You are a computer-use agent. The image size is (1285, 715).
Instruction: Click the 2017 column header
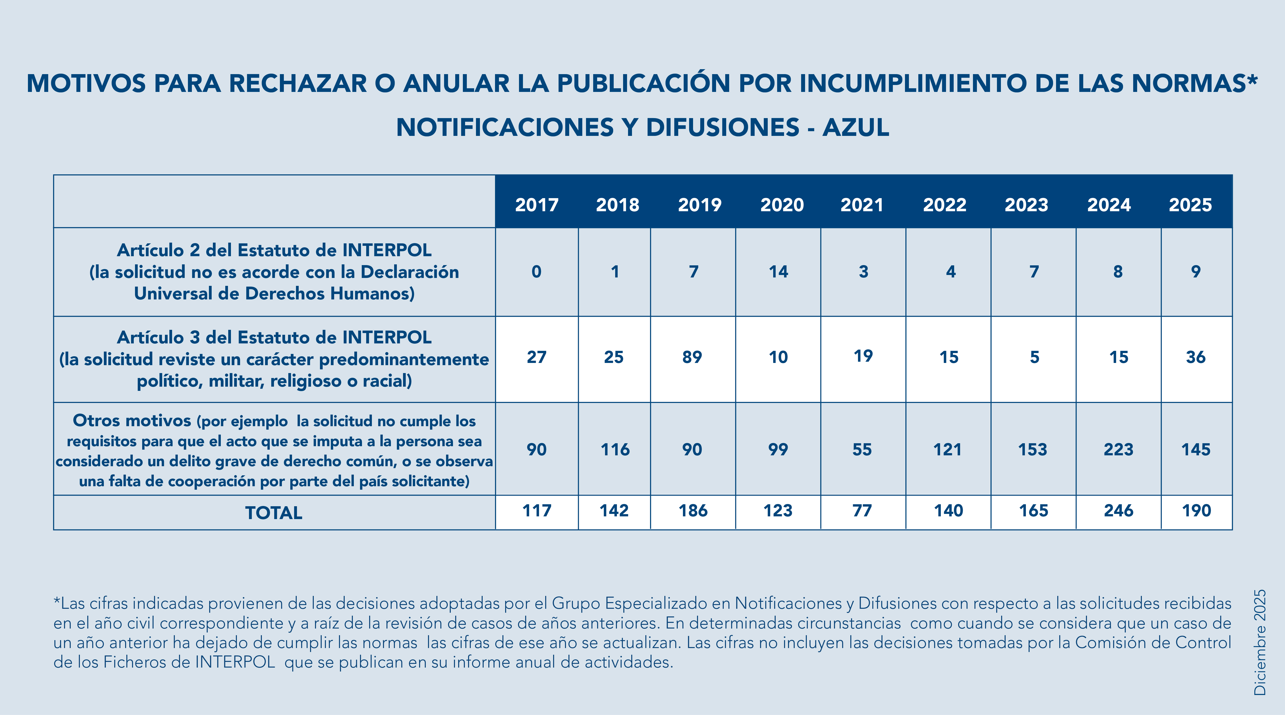[537, 205]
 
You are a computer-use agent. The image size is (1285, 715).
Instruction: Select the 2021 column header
[862, 205]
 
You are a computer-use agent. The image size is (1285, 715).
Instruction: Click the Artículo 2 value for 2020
[778, 272]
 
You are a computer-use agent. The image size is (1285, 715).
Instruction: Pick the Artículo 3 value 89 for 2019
[692, 357]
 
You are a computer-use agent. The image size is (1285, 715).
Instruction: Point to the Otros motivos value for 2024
[1118, 450]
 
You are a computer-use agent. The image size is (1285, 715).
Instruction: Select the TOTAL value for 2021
[862, 511]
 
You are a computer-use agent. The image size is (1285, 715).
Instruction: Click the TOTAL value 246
[1118, 511]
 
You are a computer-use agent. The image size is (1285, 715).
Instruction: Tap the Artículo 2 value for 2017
[536, 272]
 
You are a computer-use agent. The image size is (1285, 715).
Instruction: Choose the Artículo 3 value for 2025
[1196, 357]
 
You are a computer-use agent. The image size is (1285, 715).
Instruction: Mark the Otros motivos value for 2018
[615, 450]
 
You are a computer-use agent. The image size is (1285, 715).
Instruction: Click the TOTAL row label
[274, 513]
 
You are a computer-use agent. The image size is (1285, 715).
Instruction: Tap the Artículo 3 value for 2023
[1035, 357]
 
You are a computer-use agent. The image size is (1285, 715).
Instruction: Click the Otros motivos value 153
[1033, 450]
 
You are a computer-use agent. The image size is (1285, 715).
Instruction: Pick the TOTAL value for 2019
[693, 511]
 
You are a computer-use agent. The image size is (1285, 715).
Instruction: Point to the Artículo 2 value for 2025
[1196, 272]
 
